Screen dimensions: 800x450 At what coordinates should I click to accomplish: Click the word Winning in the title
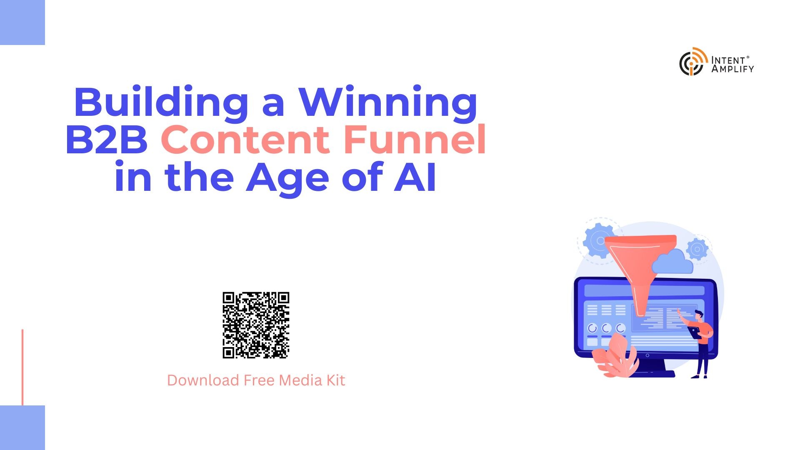[x=388, y=102]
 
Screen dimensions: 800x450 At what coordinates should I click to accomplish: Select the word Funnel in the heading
[x=415, y=138]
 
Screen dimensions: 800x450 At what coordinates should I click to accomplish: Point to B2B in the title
[x=107, y=140]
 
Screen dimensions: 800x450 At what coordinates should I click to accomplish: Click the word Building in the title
[x=161, y=102]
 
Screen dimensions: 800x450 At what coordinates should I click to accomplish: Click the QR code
[x=256, y=325]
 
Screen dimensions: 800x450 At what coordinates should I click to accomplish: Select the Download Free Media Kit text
[x=256, y=380]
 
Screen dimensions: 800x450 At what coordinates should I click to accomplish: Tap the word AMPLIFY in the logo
[x=732, y=69]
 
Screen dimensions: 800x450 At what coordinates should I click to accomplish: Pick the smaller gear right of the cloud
[x=697, y=249]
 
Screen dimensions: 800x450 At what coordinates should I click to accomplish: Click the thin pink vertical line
[x=22, y=367]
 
